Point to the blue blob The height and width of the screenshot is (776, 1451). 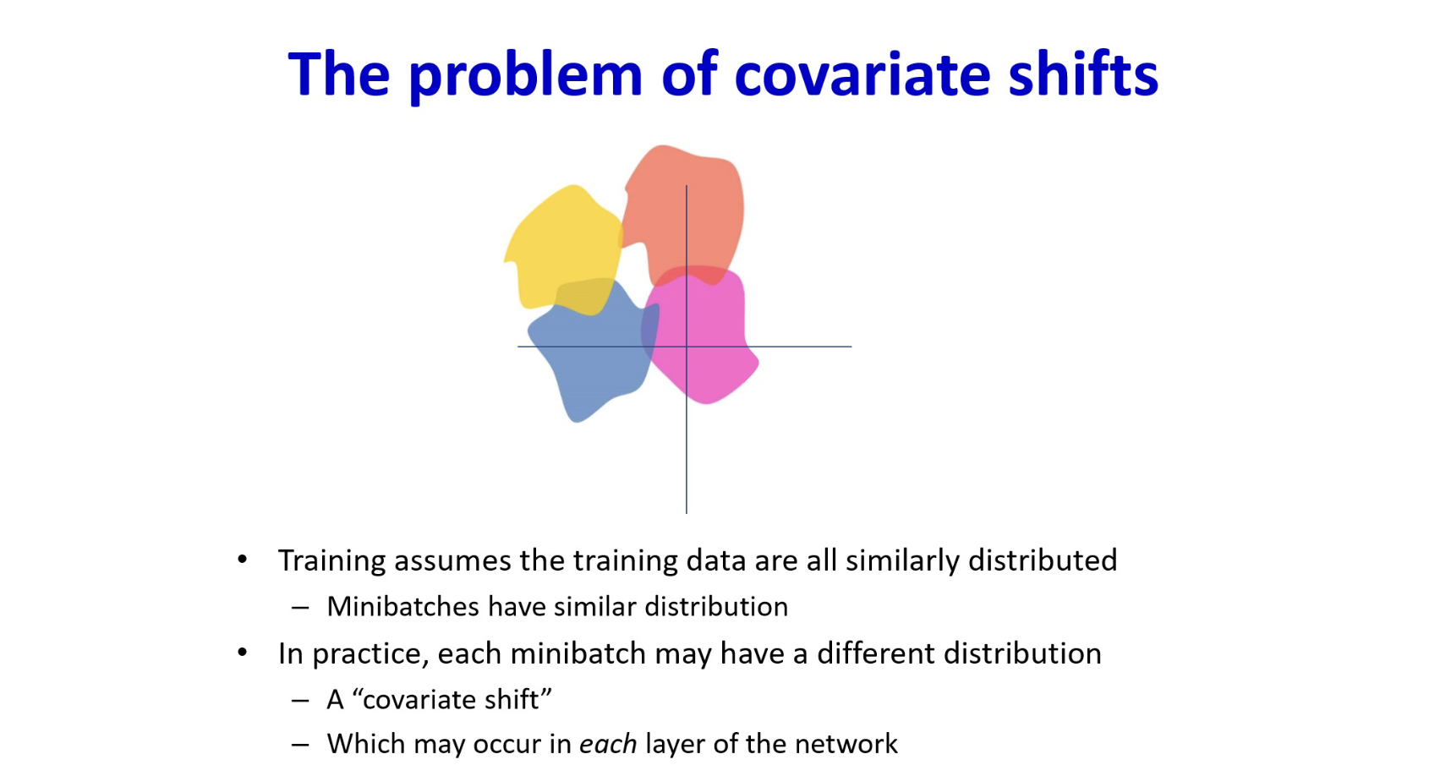coord(592,351)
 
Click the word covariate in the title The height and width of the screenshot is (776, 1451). coord(862,74)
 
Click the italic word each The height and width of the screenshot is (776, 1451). coord(608,744)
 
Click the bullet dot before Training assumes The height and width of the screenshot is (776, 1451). coord(243,560)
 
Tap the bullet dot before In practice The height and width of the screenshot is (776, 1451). coord(243,653)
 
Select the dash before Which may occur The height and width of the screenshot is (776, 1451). coord(300,745)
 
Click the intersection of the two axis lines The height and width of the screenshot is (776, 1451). coord(687,347)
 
